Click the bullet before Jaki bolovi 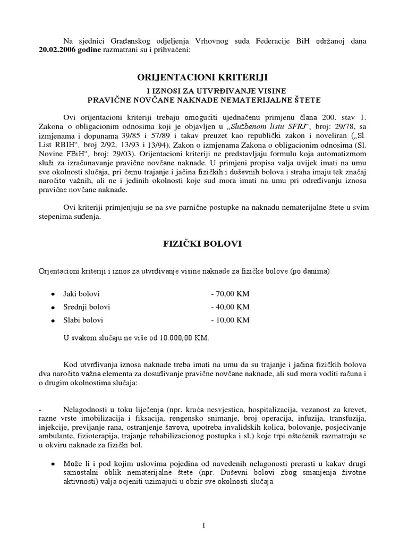coord(53,294)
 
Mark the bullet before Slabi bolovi coord(53,320)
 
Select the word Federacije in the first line coord(287,41)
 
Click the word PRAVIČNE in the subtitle coord(110,99)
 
